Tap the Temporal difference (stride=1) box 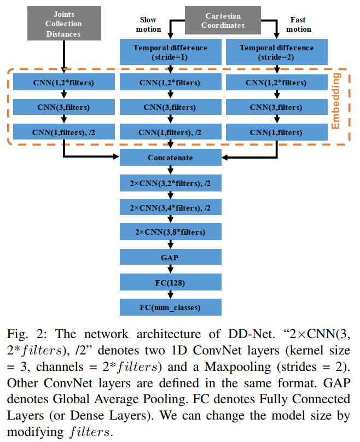pyautogui.click(x=171, y=53)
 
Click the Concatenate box pyautogui.click(x=171, y=158)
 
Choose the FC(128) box pyautogui.click(x=171, y=282)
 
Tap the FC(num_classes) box pyautogui.click(x=171, y=307)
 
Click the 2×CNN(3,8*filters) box pyautogui.click(x=171, y=232)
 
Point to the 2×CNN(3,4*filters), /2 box pyautogui.click(x=171, y=207)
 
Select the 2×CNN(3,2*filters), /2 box pyautogui.click(x=171, y=183)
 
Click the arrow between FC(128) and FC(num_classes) pyautogui.click(x=171, y=295)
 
